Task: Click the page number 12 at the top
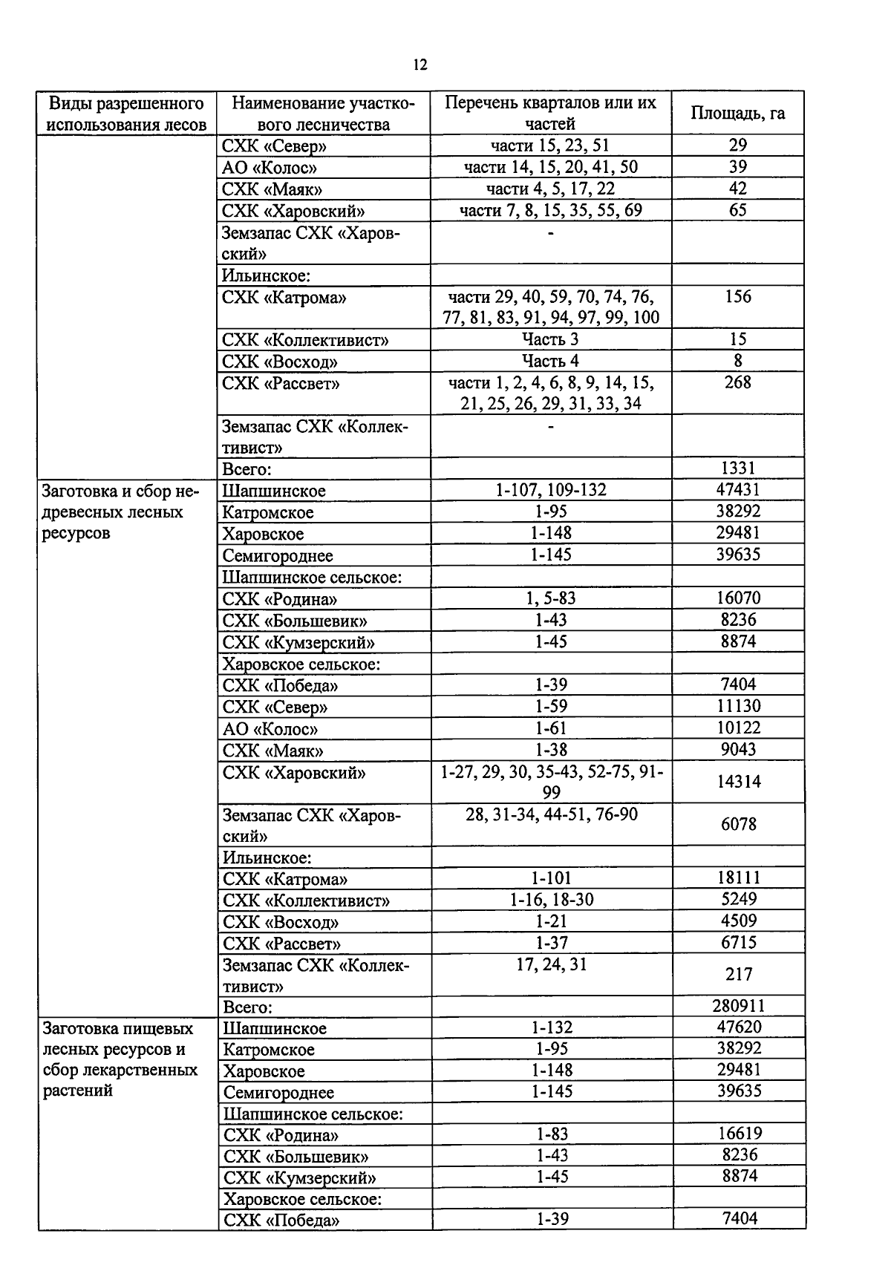[420, 65]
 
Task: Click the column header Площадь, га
[737, 113]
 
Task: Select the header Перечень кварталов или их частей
[550, 113]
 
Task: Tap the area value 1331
[737, 468]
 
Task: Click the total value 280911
[738, 1006]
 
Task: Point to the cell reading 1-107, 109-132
[550, 490]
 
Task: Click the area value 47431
[737, 490]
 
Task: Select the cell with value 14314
[738, 782]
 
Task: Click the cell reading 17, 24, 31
[551, 964]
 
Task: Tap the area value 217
[738, 974]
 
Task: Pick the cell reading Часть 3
[550, 339]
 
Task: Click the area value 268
[737, 382]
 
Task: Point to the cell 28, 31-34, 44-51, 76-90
[551, 814]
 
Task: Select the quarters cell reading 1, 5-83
[550, 598]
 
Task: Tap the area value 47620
[739, 1027]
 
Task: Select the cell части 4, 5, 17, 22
[550, 189]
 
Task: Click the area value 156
[737, 297]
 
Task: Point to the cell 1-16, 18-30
[551, 900]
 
